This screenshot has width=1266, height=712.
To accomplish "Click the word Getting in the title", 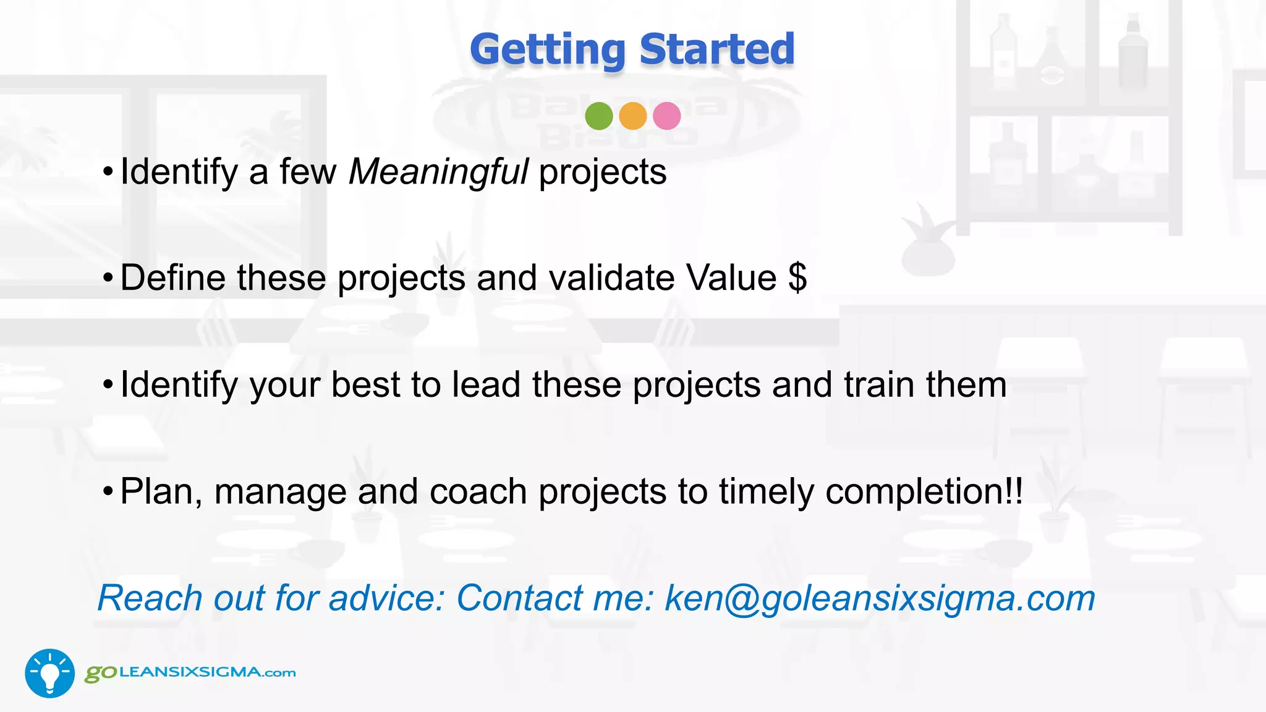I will tap(548, 49).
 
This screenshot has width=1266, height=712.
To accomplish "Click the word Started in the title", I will tap(717, 49).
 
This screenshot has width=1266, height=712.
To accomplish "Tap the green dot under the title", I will tap(598, 116).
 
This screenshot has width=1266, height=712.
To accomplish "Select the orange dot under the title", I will tap(632, 116).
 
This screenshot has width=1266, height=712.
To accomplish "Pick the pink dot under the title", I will tap(666, 116).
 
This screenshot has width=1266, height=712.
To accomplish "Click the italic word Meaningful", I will tap(438, 172).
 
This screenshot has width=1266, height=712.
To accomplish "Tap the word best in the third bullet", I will tap(365, 384).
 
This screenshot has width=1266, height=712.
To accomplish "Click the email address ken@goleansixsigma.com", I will tap(879, 598).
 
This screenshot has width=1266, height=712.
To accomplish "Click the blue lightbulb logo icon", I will tap(49, 673).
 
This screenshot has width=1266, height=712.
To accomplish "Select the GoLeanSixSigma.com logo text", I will tap(190, 672).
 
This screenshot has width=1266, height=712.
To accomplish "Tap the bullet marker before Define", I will tap(108, 279).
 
